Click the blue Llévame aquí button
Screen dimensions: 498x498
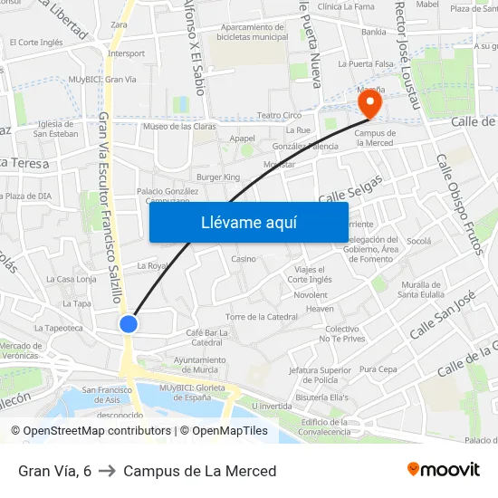pos(248,222)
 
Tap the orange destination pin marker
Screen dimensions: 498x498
pos(369,106)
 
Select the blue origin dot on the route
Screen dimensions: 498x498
pos(129,323)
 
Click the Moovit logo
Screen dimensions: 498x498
pos(444,470)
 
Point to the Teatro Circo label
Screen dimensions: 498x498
pos(279,116)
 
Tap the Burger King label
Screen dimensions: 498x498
pos(218,177)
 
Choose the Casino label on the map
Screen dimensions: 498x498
pos(244,259)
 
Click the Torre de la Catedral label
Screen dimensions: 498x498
pos(262,317)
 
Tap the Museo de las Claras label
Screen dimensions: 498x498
pos(179,126)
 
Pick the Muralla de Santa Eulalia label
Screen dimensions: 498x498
pos(419,289)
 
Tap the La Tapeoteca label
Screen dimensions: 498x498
pos(64,329)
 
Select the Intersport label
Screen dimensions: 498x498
pos(126,53)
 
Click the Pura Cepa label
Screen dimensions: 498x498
pos(378,369)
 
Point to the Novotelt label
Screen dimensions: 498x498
pos(311,295)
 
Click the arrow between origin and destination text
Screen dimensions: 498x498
pos(107,471)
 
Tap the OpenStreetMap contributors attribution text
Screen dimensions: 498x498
pos(91,431)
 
